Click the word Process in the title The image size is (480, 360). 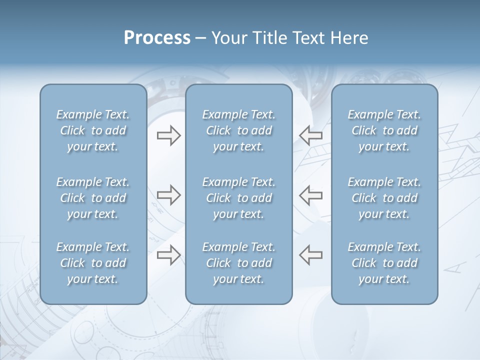157,38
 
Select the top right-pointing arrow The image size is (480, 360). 168,135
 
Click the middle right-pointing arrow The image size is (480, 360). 168,195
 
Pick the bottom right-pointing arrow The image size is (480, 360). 168,255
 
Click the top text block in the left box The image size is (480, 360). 93,130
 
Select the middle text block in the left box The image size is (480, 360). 93,198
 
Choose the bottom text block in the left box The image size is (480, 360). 93,263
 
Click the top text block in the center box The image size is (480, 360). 238,130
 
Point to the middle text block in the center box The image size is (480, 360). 238,198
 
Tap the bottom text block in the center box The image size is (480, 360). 238,263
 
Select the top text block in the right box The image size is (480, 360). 384,130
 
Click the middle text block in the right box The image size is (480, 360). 384,198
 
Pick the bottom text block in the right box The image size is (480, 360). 384,263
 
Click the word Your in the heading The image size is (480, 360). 228,38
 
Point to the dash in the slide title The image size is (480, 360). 200,38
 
